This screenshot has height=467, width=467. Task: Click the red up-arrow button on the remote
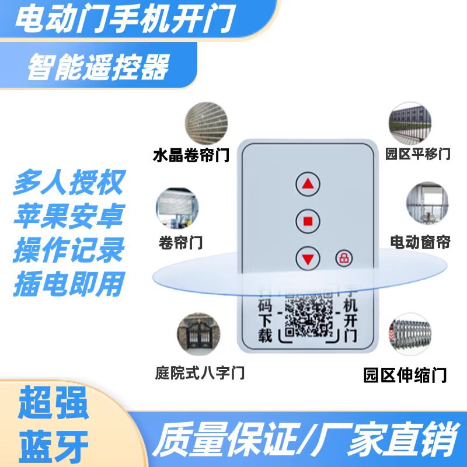click(308, 185)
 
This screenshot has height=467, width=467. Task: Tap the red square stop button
click(308, 221)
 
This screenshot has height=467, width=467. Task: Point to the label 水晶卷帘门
click(191, 156)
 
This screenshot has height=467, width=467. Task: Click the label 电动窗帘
click(420, 242)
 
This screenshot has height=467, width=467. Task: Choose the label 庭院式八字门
click(200, 371)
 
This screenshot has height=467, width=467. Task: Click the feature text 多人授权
click(68, 183)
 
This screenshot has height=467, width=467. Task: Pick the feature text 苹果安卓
click(68, 217)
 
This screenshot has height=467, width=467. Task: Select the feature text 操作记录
click(68, 251)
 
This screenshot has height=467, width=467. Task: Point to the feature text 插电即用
click(68, 285)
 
